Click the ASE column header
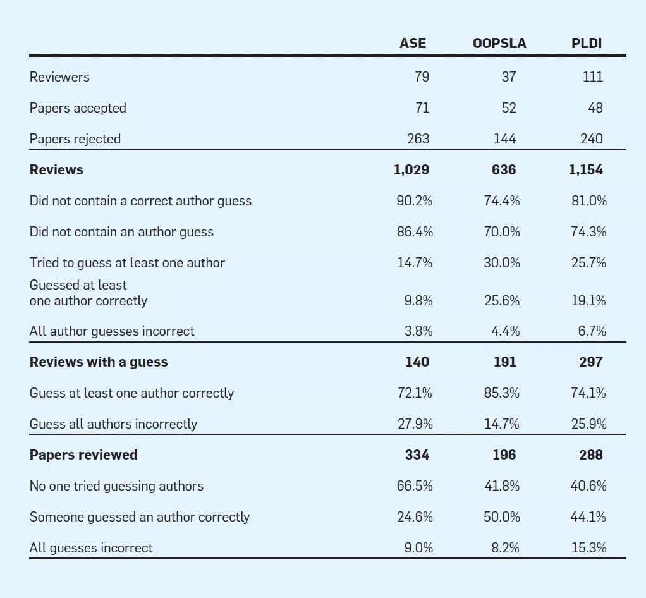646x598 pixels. pos(413,43)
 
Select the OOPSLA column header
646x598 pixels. pos(499,43)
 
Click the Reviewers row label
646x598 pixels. pos(59,77)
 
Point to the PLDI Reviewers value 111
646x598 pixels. pos(592,77)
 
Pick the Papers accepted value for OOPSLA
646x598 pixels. pos(508,108)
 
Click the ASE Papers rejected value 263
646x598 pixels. pos(418,139)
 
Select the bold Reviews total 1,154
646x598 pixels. pos(586,170)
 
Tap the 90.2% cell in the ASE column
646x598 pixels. pos(415,201)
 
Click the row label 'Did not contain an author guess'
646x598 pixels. pos(121,232)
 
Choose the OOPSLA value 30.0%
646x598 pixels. pos(502,263)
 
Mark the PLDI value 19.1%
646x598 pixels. pos(588,301)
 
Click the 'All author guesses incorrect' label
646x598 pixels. pos(112,331)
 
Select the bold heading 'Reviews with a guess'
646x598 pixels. pos(99,362)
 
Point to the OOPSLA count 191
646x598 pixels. pos(504,362)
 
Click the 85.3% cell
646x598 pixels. pos(502,393)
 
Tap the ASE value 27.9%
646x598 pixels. pos(415,424)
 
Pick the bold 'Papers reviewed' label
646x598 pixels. pos(83,455)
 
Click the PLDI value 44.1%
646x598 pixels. pos(588,517)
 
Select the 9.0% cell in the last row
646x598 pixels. pos(418,548)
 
